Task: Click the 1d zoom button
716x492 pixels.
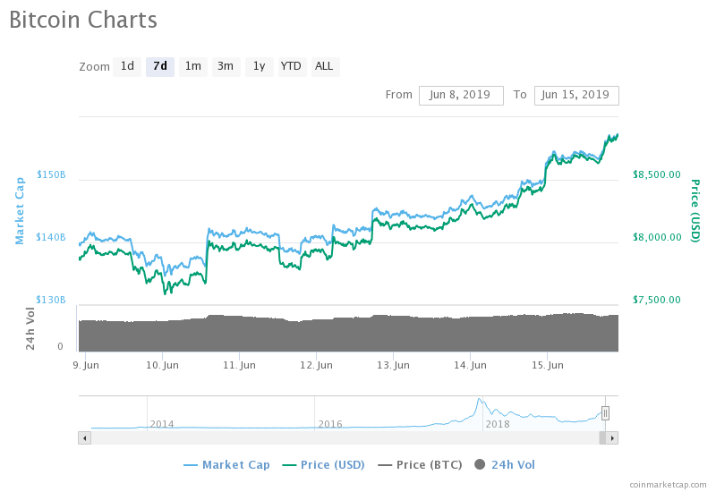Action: click(127, 66)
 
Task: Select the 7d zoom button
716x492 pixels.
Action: click(160, 66)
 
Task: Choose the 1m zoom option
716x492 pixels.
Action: click(193, 66)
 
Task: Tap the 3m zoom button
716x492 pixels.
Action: click(226, 66)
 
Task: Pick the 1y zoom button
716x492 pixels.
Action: click(260, 66)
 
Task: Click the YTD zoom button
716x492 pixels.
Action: click(291, 66)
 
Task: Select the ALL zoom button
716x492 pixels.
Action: click(325, 66)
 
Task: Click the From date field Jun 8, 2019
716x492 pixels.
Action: click(461, 96)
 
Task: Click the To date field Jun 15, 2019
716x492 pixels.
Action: click(576, 96)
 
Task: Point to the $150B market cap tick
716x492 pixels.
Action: click(51, 174)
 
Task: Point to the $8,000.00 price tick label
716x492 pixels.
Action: click(657, 237)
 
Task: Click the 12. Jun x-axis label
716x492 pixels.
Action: click(316, 365)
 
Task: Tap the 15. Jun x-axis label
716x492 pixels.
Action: click(547, 365)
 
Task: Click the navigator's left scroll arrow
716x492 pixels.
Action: click(84, 438)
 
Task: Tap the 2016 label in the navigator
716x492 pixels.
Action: click(330, 424)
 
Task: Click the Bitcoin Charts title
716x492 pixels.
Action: click(83, 20)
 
